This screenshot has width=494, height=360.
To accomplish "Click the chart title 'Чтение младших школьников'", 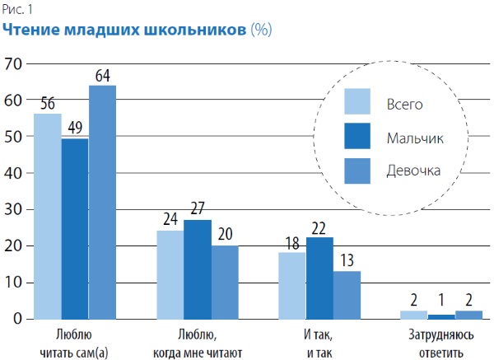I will click(123, 30).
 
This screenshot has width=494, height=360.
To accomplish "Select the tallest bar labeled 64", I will click(102, 202).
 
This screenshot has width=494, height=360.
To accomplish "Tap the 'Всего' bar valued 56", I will click(47, 216).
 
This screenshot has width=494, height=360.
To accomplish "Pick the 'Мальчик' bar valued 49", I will click(75, 228).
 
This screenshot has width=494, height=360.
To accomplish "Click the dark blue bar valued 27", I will click(198, 269).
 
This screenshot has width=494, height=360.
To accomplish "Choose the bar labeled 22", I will click(319, 278).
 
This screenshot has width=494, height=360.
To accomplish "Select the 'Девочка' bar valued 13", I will click(347, 294).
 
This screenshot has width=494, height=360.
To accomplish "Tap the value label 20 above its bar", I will click(225, 235).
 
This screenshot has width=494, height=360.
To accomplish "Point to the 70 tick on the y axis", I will click(13, 63).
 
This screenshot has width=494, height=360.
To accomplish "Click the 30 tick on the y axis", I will click(13, 209).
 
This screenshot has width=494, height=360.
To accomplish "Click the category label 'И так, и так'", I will click(319, 344).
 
